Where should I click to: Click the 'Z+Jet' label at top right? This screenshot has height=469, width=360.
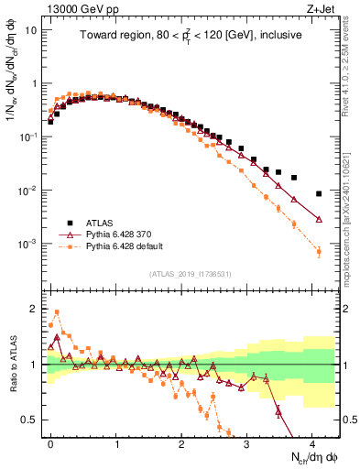click(321, 9)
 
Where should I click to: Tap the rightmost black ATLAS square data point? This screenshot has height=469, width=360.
click(318, 193)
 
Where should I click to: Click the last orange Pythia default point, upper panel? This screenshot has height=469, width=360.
click(318, 251)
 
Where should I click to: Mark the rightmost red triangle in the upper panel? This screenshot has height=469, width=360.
click(318, 220)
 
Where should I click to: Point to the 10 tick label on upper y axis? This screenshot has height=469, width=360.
click(30, 29)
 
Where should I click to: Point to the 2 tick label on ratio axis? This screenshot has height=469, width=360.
click(34, 309)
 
